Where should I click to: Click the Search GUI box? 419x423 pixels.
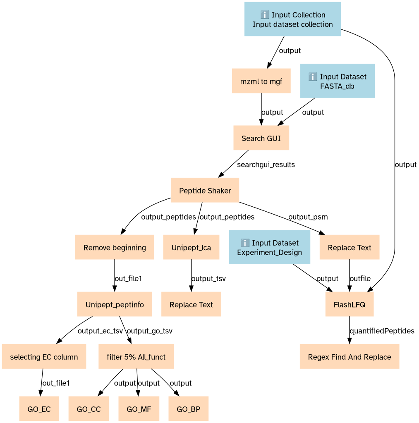pos(261,138)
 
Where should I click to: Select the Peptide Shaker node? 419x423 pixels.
pos(205,190)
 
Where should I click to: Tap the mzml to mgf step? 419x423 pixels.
pos(261,81)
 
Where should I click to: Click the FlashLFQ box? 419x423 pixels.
pos(350,304)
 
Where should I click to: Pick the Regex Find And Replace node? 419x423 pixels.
pos(350,357)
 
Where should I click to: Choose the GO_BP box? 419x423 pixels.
pos(188,409)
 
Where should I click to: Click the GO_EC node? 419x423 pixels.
pos(39,409)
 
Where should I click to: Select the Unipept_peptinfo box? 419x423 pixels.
pos(115,304)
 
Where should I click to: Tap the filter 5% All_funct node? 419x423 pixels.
pos(136,357)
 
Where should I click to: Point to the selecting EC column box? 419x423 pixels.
pos(44,357)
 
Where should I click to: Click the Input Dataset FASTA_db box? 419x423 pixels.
pos(337,81)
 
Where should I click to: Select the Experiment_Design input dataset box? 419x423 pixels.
pos(270,247)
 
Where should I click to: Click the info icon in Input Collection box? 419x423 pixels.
pos(265,14)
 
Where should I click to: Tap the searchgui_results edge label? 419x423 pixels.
pos(266,165)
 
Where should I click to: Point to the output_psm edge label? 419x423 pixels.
pos(308,217)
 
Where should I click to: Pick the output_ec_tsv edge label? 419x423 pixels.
pos(100,331)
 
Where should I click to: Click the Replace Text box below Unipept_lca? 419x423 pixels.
pos(191,304)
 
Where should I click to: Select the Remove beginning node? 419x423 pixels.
pos(115,247)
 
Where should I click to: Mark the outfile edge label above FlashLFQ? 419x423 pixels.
pos(360,278)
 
